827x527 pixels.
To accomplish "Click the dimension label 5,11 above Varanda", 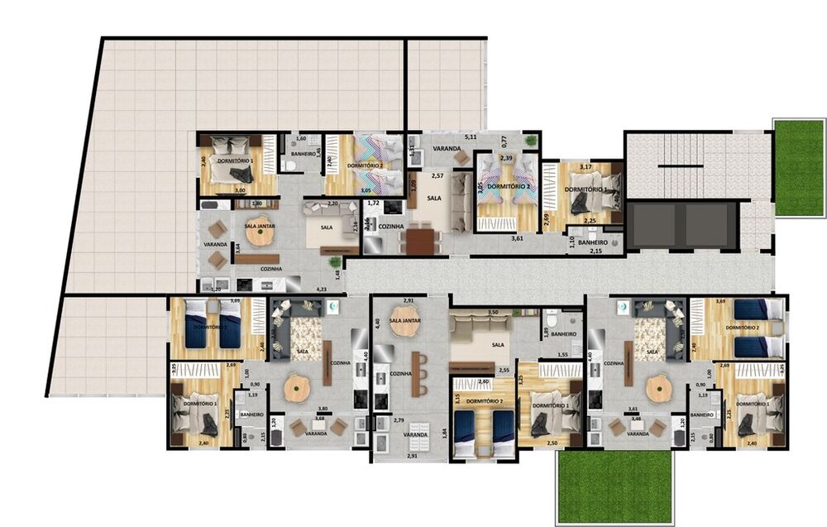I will [471, 136].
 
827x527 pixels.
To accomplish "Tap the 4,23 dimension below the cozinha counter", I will [320, 289].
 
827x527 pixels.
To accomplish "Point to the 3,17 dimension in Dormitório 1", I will [586, 168].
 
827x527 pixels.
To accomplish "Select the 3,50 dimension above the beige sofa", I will [494, 312].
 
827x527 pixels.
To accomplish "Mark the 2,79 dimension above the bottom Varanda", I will [399, 421].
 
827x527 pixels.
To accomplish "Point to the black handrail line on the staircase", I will [681, 166].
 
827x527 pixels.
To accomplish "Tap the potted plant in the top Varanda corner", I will [530, 141].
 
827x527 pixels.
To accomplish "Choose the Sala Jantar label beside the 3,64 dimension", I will [259, 224].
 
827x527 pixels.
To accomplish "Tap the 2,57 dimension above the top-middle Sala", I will [438, 177].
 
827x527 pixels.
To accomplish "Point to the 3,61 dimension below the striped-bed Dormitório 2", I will [517, 238].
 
